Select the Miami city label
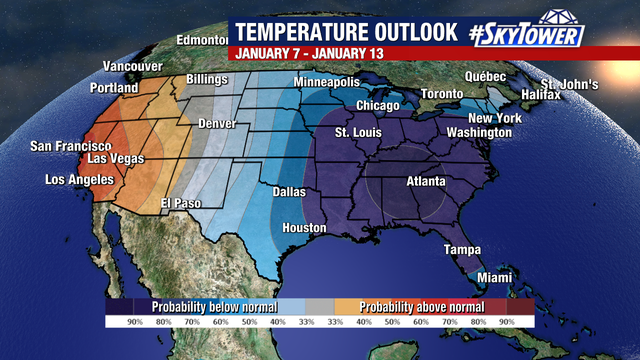click(x=492, y=277)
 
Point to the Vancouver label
click(x=133, y=66)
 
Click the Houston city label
click(x=304, y=228)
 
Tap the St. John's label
click(x=570, y=84)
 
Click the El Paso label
click(x=182, y=203)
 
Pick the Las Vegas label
click(x=116, y=159)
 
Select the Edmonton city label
click(x=202, y=40)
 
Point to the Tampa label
click(x=463, y=250)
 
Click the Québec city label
click(x=486, y=76)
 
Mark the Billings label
click(x=208, y=79)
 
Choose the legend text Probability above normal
click(x=421, y=306)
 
